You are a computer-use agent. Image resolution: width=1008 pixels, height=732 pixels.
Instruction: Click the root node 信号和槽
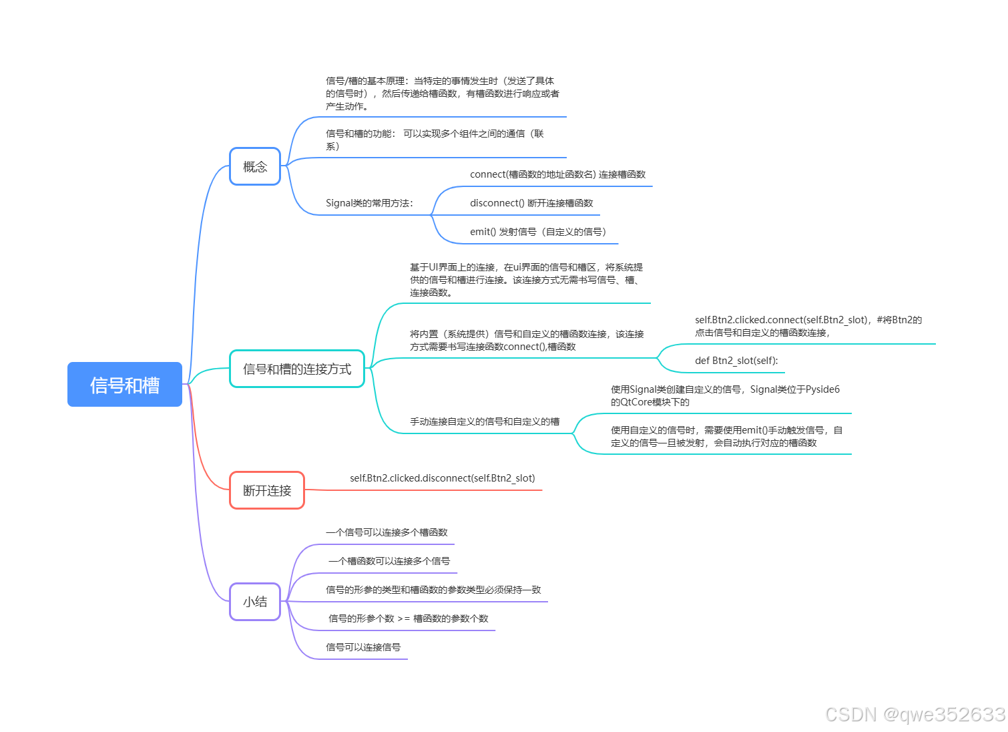(x=125, y=385)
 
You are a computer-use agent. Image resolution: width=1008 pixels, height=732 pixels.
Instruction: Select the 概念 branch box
(x=255, y=166)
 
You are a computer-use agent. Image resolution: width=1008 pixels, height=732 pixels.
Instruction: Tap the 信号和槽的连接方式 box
(x=297, y=369)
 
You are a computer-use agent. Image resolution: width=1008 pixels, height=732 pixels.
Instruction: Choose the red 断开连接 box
(x=267, y=490)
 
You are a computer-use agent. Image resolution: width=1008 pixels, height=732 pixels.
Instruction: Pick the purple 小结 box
(x=255, y=602)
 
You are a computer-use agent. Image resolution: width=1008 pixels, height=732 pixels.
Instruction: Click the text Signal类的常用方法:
(x=369, y=203)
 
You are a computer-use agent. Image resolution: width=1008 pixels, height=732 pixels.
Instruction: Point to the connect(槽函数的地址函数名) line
(x=557, y=174)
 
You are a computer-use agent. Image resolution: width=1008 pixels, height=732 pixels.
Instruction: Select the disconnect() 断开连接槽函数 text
(x=531, y=203)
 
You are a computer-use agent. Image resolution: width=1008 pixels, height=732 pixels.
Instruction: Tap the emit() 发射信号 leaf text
(x=538, y=232)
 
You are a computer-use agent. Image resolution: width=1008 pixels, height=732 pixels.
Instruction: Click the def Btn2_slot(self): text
(x=736, y=361)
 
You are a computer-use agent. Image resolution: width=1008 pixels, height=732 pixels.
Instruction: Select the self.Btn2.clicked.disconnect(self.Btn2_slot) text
(x=443, y=478)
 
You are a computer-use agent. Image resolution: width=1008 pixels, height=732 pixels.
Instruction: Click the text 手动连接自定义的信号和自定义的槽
(x=485, y=421)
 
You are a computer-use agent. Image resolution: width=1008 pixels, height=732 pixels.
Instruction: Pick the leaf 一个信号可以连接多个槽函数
(x=387, y=532)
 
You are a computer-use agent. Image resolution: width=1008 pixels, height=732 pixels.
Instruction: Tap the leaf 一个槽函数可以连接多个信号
(x=389, y=561)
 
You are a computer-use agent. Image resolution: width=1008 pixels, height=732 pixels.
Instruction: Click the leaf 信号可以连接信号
(x=363, y=647)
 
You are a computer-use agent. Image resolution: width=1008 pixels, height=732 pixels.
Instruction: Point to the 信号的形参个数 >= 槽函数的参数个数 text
(x=409, y=618)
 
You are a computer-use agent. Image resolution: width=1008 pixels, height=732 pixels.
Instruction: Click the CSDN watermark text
(x=915, y=714)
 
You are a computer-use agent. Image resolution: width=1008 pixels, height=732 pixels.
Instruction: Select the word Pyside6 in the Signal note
(x=822, y=389)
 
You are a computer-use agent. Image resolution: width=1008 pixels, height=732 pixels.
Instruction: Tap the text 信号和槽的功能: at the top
(x=360, y=134)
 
